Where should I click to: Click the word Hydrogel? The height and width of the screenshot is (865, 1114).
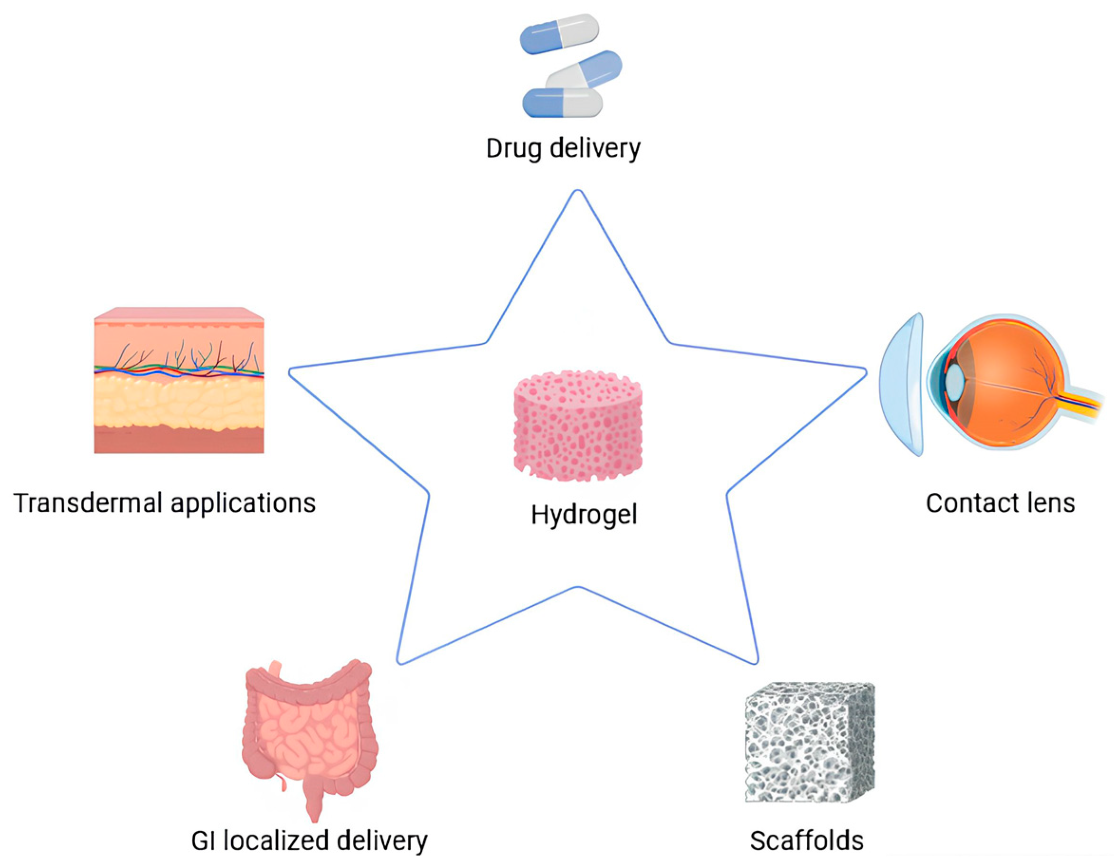(x=584, y=515)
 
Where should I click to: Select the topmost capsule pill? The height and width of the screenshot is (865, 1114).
(x=559, y=34)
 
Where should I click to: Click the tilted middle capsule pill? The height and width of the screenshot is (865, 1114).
(x=585, y=71)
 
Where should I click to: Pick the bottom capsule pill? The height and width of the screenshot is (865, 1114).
(x=562, y=103)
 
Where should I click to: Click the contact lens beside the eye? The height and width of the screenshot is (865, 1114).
(x=902, y=384)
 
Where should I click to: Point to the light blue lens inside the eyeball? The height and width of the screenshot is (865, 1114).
(x=955, y=380)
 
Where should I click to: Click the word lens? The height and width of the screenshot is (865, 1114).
(x=1052, y=503)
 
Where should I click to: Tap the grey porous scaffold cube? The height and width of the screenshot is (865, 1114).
(x=810, y=742)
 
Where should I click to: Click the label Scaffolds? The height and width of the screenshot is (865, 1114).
(x=806, y=840)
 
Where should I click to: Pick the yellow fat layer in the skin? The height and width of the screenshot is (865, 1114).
(x=179, y=403)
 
